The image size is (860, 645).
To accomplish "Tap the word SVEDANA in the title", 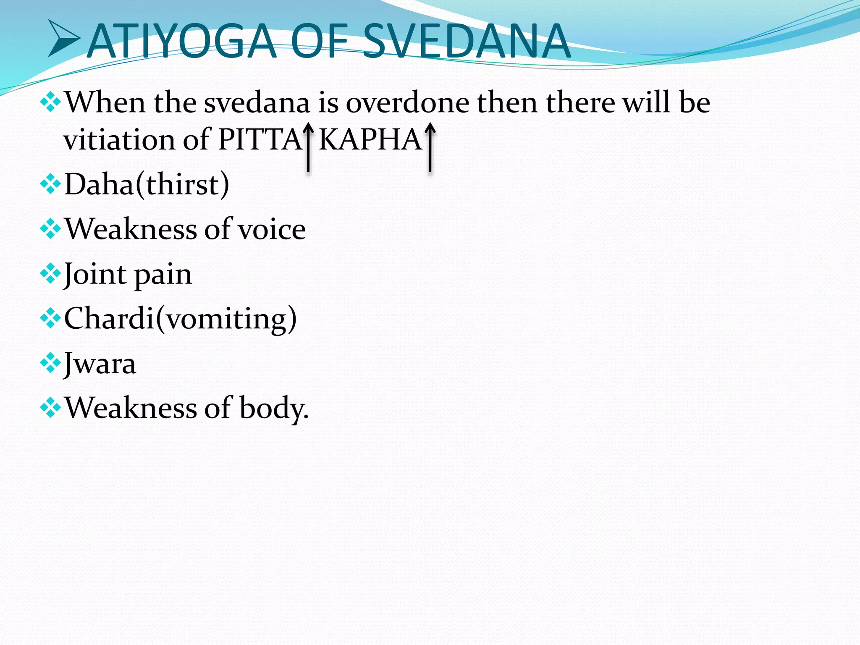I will point(466,41).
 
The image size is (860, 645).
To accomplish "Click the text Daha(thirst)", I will point(147,184).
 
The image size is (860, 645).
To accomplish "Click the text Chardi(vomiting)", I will point(180,319).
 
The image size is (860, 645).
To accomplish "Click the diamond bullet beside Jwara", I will point(50,363).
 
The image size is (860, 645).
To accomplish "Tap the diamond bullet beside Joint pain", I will point(50,274).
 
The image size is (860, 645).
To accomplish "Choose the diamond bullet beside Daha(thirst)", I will point(50,184).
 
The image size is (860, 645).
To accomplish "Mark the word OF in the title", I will point(319,41).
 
